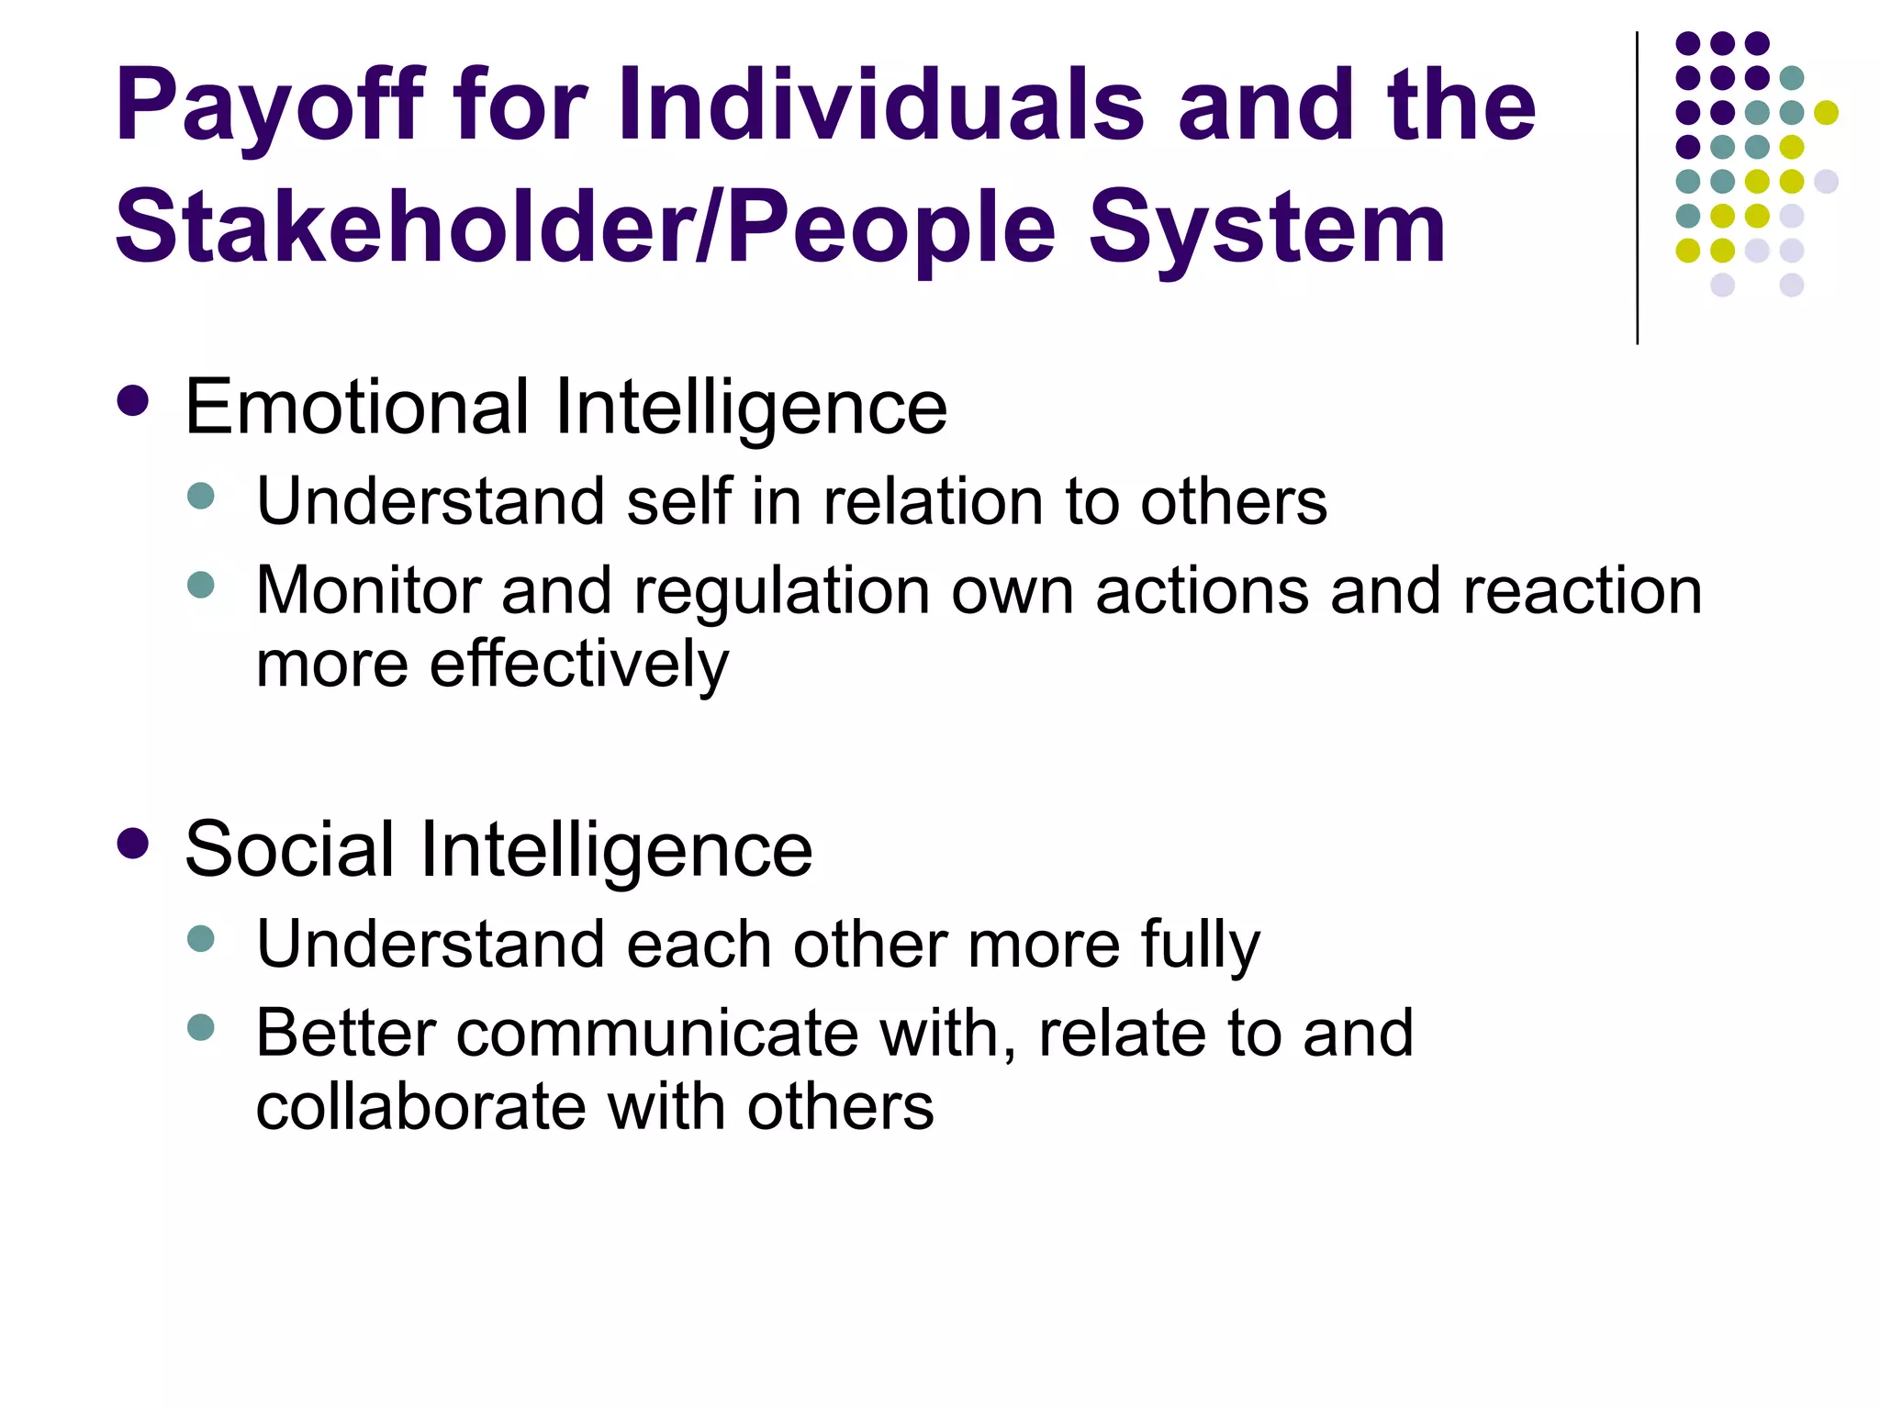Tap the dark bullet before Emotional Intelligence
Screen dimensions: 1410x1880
[134, 401]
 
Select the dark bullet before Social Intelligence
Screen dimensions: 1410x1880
[134, 844]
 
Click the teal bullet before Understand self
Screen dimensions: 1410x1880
[200, 497]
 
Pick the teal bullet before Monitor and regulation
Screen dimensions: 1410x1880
[200, 585]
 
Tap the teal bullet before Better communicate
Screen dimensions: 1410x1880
[200, 1027]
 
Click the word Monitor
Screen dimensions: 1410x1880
[368, 590]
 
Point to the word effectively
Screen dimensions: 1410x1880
[578, 664]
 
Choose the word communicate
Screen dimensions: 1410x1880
[657, 1035]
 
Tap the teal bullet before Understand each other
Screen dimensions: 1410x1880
[200, 939]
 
